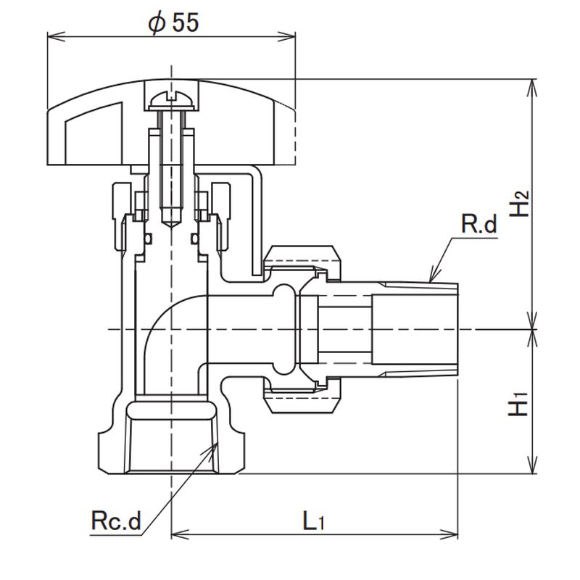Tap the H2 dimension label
519,203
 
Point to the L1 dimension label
312,521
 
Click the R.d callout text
479,225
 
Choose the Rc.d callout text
115,521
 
